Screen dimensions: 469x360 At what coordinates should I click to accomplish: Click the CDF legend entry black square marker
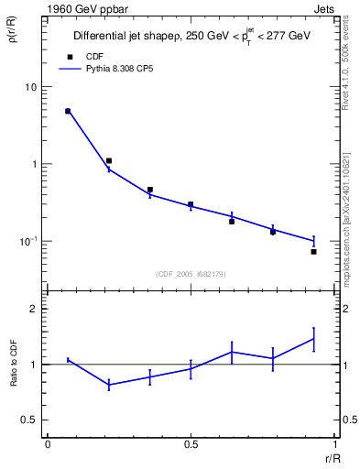click(x=67, y=56)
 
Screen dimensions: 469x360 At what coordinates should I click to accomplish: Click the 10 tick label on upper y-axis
click(x=30, y=87)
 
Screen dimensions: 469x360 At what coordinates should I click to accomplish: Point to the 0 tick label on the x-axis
click(x=47, y=444)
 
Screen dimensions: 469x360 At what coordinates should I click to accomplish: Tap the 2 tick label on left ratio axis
click(x=34, y=310)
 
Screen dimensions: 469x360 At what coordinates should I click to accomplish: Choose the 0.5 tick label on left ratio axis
click(x=30, y=420)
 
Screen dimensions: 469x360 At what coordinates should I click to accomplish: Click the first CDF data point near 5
click(x=68, y=111)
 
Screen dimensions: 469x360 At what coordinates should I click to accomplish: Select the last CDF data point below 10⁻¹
click(x=313, y=251)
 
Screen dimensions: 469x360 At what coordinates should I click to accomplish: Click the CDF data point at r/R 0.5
click(x=191, y=204)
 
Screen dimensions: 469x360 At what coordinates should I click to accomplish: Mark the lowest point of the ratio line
click(x=109, y=386)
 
